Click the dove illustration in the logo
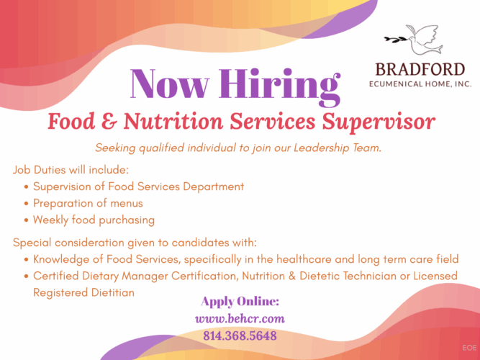point(424,40)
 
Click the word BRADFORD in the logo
point(420,70)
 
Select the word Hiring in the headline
point(279,86)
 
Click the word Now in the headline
point(170,84)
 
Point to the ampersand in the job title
point(109,122)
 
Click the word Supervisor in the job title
point(379,122)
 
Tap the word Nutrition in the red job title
point(173,121)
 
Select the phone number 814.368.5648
point(240,336)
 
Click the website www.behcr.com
point(240,319)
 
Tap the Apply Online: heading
point(240,302)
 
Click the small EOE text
point(469,348)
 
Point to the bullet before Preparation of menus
point(27,204)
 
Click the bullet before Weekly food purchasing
point(27,220)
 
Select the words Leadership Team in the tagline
point(338,148)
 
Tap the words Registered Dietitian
point(83,292)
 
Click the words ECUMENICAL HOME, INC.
point(420,84)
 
